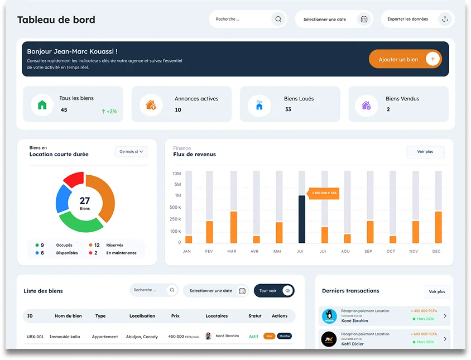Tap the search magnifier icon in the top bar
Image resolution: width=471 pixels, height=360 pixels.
[278, 19]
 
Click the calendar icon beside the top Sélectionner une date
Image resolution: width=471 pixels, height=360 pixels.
[364, 19]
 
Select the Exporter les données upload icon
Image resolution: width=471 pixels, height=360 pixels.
[445, 19]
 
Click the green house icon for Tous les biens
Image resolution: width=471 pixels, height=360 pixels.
[42, 104]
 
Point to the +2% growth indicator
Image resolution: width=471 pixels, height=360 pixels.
[109, 111]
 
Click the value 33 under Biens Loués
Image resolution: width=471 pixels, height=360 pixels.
[288, 109]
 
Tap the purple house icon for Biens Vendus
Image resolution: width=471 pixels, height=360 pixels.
[366, 104]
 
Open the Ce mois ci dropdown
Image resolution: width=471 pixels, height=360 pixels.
[131, 151]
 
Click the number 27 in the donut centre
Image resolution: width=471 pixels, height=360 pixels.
[85, 201]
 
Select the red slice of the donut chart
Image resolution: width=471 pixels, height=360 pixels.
[74, 180]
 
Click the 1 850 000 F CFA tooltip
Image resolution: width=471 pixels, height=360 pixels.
[324, 193]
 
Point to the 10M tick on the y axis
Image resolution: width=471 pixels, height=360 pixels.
[176, 174]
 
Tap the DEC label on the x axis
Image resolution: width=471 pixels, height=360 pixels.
[436, 251]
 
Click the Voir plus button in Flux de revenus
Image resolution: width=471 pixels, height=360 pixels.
[425, 152]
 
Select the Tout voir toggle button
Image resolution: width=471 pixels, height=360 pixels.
[274, 291]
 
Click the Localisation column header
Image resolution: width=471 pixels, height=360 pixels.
[142, 316]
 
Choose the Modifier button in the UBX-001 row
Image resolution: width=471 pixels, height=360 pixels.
[285, 336]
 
